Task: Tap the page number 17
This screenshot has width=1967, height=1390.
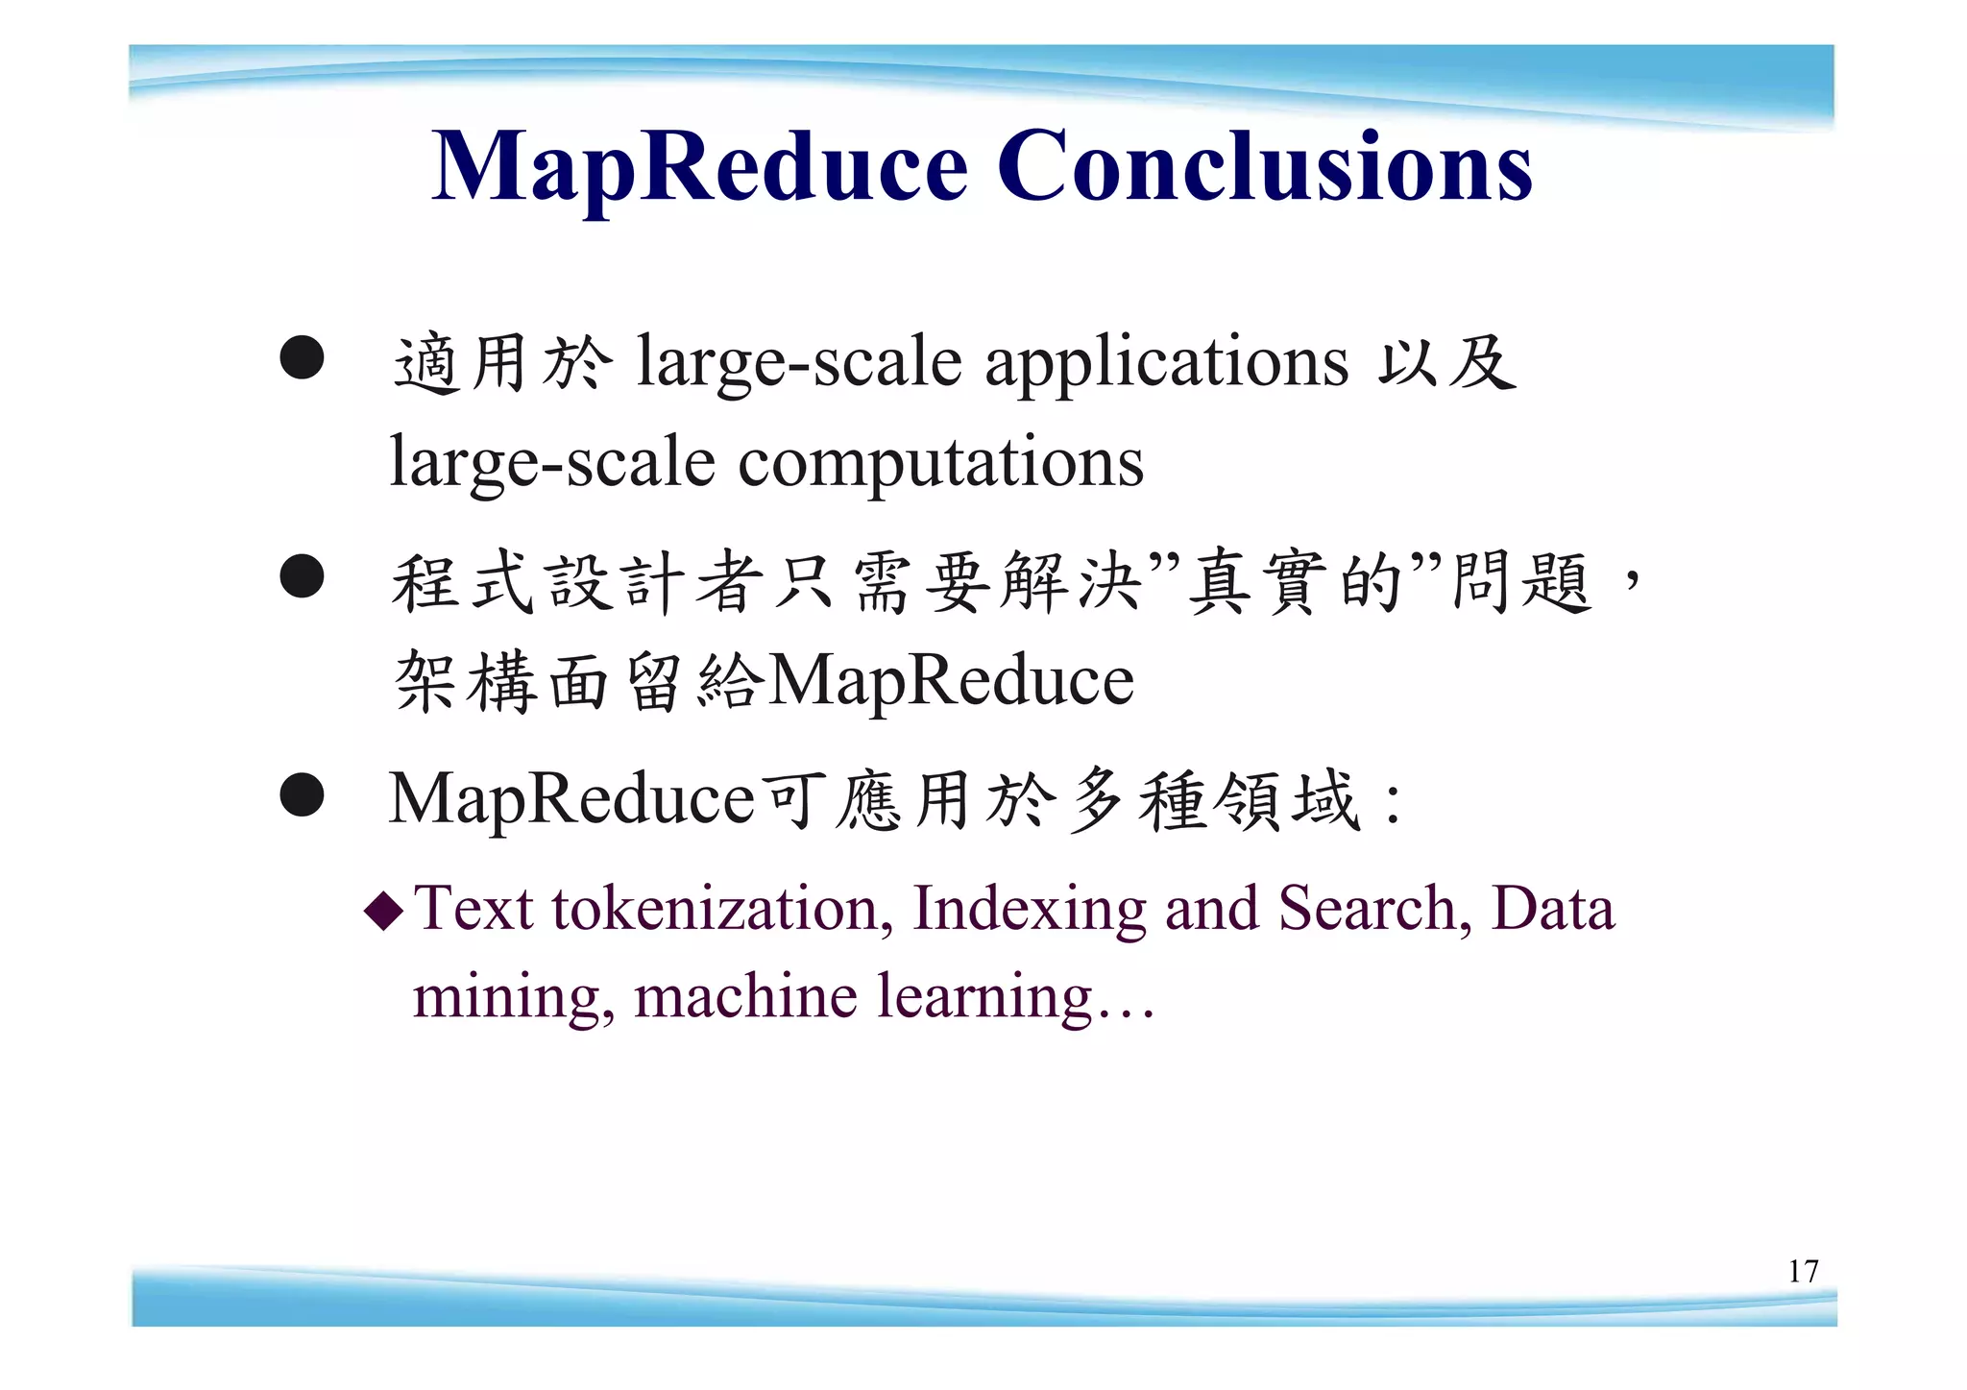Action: [1803, 1272]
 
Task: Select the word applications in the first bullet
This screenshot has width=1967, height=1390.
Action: [1167, 362]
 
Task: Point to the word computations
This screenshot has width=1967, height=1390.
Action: [940, 462]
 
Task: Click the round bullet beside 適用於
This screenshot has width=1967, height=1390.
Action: [302, 357]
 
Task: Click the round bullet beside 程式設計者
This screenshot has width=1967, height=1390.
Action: [302, 577]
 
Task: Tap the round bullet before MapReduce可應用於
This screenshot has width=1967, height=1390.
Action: [302, 794]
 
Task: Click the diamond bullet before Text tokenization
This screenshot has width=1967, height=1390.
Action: [385, 911]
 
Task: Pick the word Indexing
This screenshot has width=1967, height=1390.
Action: [1029, 908]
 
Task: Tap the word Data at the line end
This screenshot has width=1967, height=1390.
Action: [1552, 908]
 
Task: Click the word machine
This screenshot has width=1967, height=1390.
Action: [745, 996]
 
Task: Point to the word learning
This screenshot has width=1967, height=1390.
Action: [985, 996]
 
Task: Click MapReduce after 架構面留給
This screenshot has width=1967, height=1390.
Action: [951, 681]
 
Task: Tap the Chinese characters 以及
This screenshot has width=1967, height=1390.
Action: [1446, 363]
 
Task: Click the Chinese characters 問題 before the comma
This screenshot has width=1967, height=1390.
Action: [1521, 582]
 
